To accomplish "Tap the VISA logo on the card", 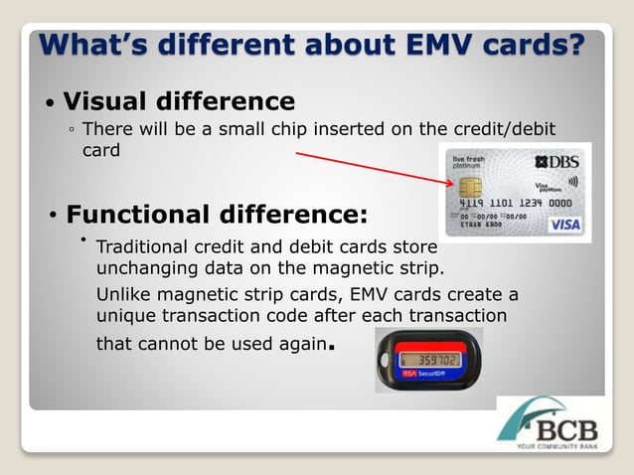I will pos(564,225).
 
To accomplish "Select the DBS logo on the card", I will pos(557,161).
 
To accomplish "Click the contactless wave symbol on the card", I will pos(572,181).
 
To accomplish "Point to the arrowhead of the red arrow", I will pos(452,182).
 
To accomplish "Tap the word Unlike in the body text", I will pos(123,295).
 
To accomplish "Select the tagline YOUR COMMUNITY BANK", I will pos(561,446).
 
